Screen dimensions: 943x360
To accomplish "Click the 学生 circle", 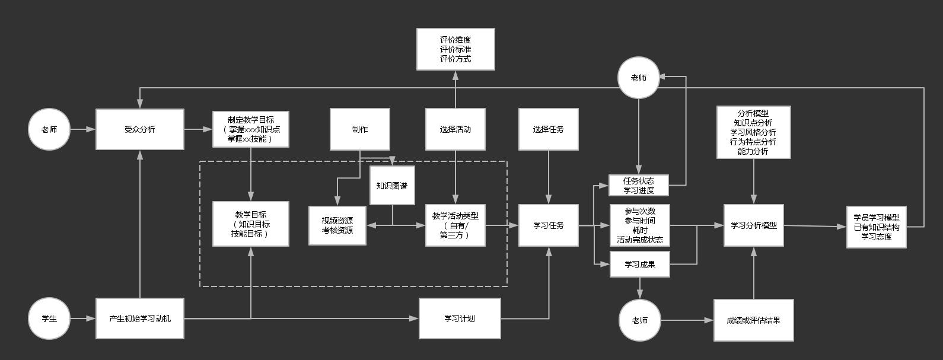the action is click(x=49, y=318).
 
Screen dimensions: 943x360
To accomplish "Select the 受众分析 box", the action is click(x=140, y=129).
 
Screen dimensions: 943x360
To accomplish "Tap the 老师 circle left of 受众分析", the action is click(x=49, y=129).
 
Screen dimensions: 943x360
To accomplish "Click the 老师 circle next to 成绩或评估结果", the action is click(x=639, y=320).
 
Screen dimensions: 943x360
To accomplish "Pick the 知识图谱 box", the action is click(x=392, y=186).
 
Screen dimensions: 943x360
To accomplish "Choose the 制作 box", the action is click(x=360, y=129).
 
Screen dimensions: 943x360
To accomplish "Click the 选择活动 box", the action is click(x=455, y=129).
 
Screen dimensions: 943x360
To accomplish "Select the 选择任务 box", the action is click(x=548, y=129).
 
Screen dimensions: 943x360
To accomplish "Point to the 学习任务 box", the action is click(x=548, y=225).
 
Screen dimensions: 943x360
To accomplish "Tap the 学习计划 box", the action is click(x=460, y=318).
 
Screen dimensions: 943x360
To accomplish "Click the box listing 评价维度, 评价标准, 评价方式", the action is click(x=455, y=49).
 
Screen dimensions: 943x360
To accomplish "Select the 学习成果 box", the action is click(x=639, y=265).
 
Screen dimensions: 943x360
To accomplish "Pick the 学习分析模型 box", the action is click(x=754, y=225).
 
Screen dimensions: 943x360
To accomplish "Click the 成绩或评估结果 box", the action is click(x=754, y=320).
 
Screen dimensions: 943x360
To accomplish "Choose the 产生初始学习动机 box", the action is click(x=140, y=318).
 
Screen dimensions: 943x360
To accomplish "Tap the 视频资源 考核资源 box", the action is click(x=337, y=225).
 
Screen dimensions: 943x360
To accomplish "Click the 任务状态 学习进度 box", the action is click(x=639, y=185).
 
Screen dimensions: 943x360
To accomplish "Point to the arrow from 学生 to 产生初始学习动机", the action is click(x=83, y=318).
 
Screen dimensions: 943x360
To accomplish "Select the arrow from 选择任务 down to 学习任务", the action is click(x=549, y=177).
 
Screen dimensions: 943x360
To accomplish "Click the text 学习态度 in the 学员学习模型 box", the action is click(x=877, y=237).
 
